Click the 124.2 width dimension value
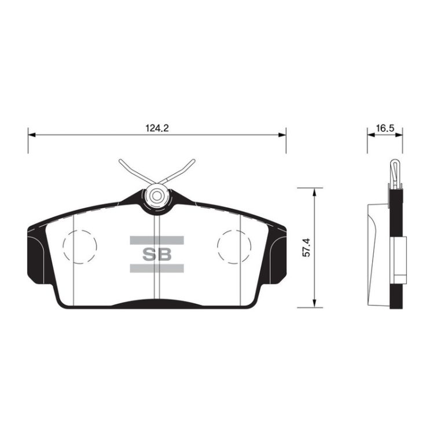(157, 128)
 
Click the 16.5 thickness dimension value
(385, 128)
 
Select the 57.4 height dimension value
(306, 248)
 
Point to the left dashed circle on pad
(80, 247)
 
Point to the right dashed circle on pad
(234, 247)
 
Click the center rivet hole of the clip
(157, 196)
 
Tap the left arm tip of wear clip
(120, 161)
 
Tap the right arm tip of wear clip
(193, 161)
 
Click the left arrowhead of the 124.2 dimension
(32, 135)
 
